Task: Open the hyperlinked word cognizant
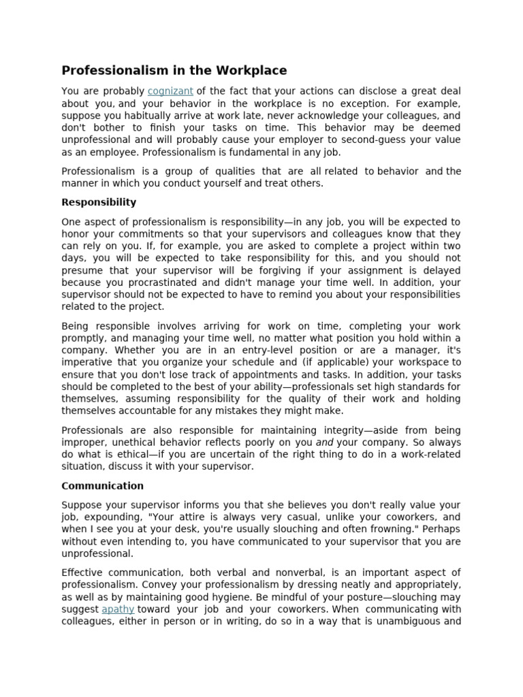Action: (x=170, y=91)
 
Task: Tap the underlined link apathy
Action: (x=118, y=609)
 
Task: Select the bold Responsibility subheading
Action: (x=99, y=202)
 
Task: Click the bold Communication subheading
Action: (x=102, y=486)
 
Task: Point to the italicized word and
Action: (x=325, y=442)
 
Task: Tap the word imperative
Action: (x=86, y=363)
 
